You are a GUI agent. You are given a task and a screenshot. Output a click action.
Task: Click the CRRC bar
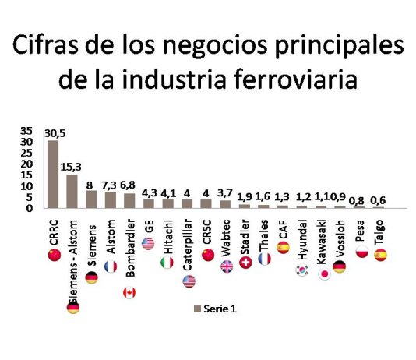click(x=53, y=174)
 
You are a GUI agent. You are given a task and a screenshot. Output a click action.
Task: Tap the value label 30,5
click(x=53, y=133)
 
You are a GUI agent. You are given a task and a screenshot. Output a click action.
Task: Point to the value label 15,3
click(x=76, y=167)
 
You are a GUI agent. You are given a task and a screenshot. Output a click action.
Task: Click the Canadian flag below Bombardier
click(x=129, y=292)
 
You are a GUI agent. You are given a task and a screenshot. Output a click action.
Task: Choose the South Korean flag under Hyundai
click(x=301, y=271)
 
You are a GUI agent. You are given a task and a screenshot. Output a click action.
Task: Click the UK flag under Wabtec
click(x=226, y=266)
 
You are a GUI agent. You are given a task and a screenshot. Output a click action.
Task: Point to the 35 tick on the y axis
click(x=27, y=131)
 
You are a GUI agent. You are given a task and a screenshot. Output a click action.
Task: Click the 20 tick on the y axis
click(x=27, y=164)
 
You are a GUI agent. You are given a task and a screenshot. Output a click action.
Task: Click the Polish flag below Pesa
click(x=361, y=252)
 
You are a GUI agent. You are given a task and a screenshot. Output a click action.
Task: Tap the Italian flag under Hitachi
click(x=167, y=263)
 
